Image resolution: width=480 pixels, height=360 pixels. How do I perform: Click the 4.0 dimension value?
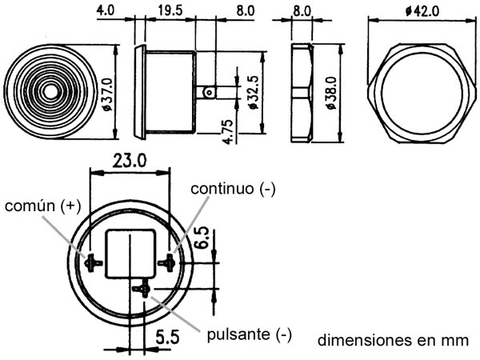[104, 11]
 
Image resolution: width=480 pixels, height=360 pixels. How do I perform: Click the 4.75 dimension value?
[229, 130]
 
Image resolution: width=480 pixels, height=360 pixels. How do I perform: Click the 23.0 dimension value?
[130, 161]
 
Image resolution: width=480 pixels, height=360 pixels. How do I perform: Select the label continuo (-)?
[233, 188]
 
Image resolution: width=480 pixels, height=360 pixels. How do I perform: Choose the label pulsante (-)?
[249, 334]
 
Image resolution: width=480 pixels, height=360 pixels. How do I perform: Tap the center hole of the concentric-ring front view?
[50, 91]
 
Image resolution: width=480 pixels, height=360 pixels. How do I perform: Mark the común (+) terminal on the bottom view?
[92, 262]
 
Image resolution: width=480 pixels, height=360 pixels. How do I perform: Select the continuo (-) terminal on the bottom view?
[168, 262]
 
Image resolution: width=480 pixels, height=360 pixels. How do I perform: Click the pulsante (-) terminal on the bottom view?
[145, 287]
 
